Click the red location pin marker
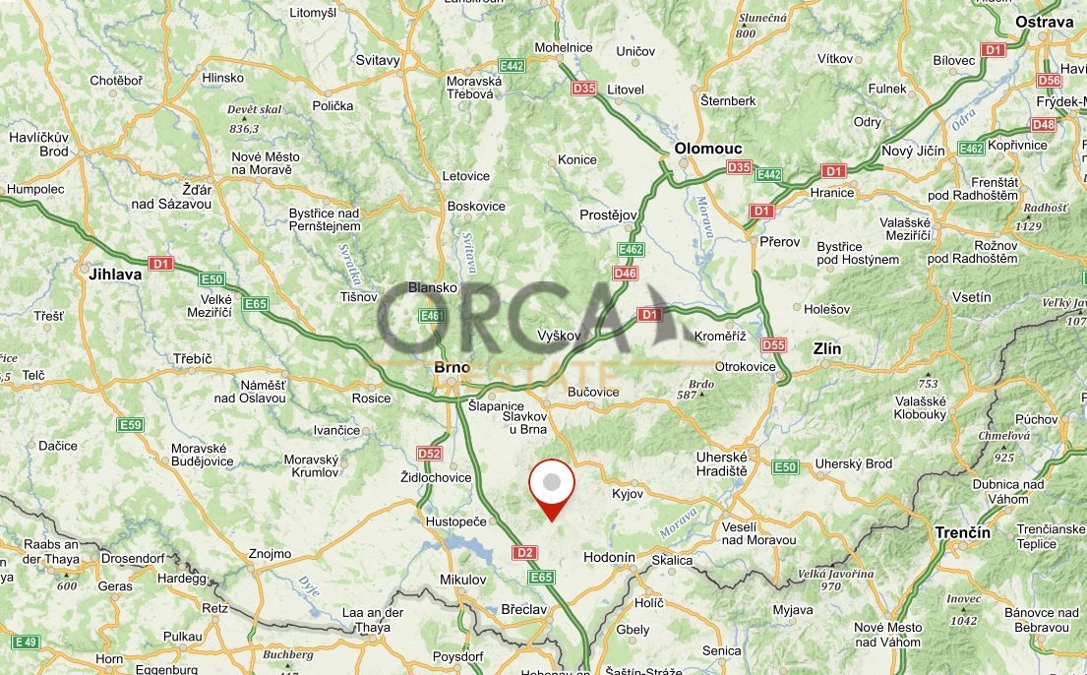[552, 485]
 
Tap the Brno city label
[453, 367]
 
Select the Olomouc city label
[707, 148]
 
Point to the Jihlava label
[115, 275]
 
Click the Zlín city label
[827, 349]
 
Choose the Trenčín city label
[962, 532]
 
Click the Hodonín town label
[609, 557]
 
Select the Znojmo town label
[271, 554]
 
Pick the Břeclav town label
[522, 609]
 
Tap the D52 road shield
[429, 454]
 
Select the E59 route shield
[130, 425]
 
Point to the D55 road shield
[774, 344]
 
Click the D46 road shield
[625, 273]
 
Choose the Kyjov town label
[628, 494]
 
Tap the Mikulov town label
[462, 580]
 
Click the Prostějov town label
[609, 214]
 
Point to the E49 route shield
[26, 642]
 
